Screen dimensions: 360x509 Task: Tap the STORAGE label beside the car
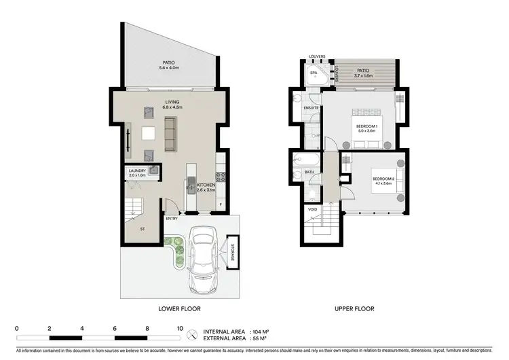tap(232, 251)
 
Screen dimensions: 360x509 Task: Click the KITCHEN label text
tap(206, 185)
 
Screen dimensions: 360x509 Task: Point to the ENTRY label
tap(172, 219)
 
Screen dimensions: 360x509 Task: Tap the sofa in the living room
tap(170, 134)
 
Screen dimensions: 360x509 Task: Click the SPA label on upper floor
tap(314, 72)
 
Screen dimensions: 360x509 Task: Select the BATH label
tap(309, 173)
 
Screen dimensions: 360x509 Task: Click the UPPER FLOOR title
tap(355, 308)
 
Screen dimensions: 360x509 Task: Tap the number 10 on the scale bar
tap(180, 327)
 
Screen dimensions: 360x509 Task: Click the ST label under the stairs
tap(143, 229)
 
